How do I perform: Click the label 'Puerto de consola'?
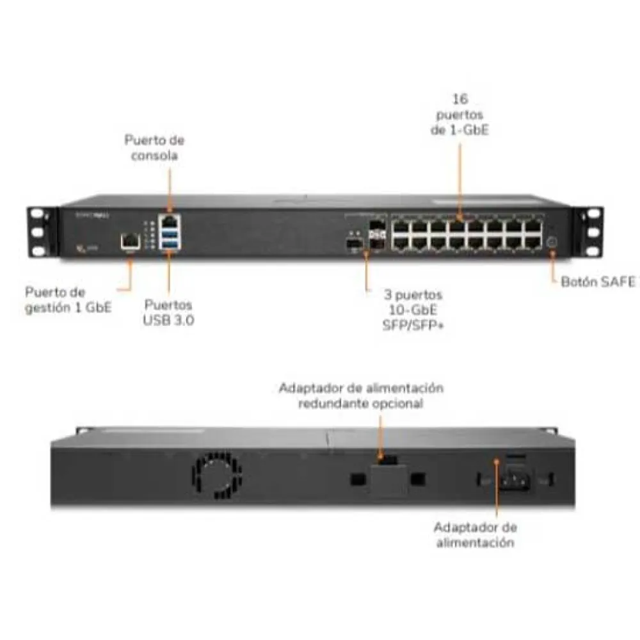pos(154,148)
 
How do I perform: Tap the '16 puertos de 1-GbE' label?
pos(460,115)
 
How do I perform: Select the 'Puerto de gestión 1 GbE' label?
pos(68,300)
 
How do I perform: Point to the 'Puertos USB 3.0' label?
pos(168,312)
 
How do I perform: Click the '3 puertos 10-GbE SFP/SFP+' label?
pos(413,309)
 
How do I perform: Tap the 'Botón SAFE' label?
pos(598,282)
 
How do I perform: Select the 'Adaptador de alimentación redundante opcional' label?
pos(361,395)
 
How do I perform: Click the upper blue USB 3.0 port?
pos(171,234)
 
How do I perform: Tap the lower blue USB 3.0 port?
pos(171,244)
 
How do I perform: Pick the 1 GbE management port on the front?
pos(130,241)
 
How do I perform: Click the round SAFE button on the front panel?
pos(552,242)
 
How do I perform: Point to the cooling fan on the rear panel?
pos(216,476)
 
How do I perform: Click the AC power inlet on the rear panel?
pos(516,481)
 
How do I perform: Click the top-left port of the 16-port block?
pos(401,226)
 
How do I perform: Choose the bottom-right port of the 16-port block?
pos(532,243)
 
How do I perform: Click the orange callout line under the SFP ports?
pos(366,271)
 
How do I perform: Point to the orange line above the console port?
pos(170,191)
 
